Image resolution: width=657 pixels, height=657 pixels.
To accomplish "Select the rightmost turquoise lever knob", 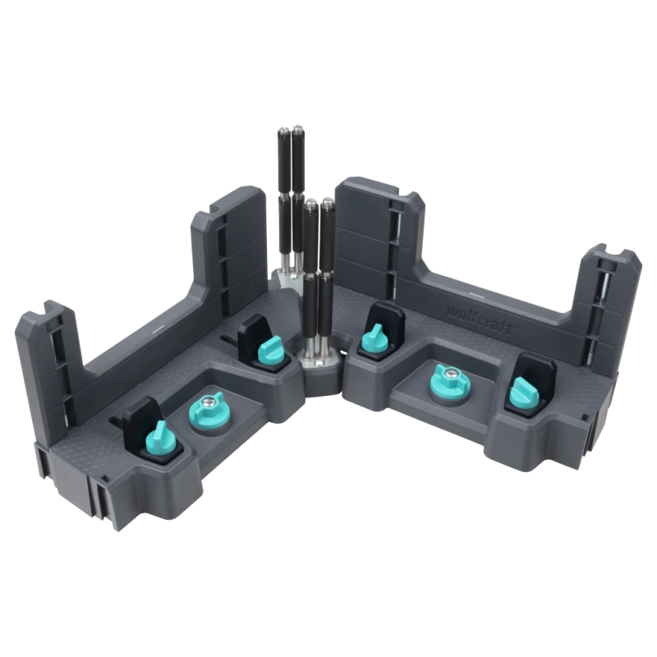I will click(522, 393).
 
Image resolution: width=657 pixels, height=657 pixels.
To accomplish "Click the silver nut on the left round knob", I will click(209, 402).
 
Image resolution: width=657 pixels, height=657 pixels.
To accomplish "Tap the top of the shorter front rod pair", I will click(317, 203).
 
